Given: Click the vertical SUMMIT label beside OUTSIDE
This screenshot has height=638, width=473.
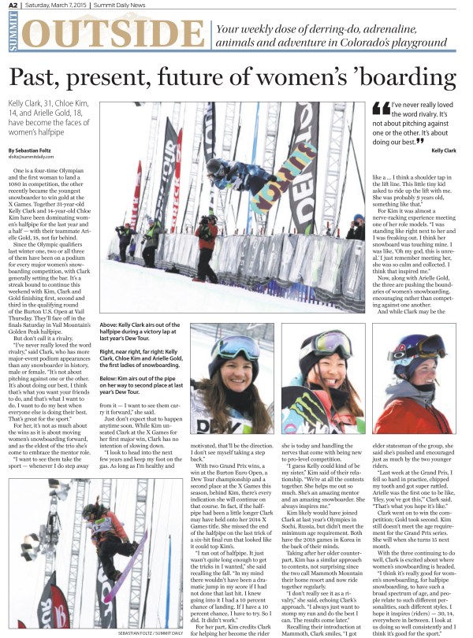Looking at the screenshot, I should [13, 36].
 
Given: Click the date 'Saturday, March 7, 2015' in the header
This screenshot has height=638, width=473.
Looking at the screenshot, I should [56, 6].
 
